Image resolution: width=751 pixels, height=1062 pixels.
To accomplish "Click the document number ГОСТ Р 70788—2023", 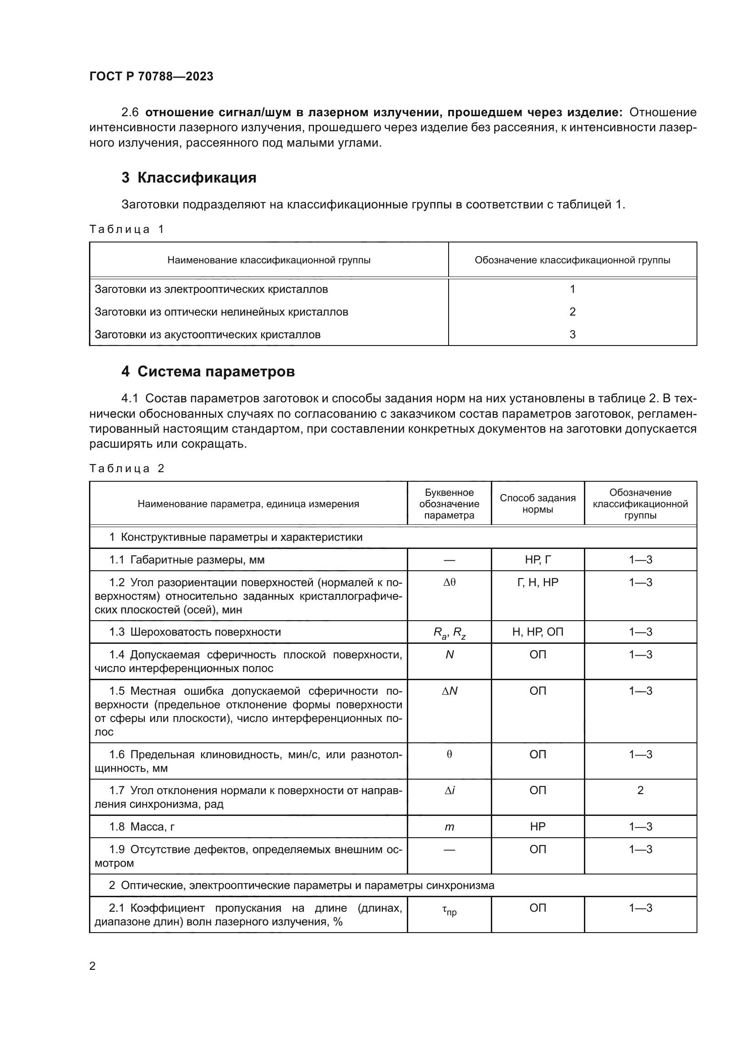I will [151, 76].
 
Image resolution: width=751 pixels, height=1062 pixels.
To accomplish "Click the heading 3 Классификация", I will [189, 178].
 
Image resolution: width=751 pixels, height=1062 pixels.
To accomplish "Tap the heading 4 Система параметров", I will [208, 371].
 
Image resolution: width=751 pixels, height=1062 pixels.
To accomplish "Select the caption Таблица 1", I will [127, 229].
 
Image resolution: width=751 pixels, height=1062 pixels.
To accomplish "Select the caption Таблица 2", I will [127, 468].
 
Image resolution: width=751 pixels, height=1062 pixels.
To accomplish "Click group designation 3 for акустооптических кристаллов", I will [572, 335].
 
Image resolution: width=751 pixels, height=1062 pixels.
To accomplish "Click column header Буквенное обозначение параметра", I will [449, 504].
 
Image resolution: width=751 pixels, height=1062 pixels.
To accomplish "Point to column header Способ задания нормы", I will [537, 504].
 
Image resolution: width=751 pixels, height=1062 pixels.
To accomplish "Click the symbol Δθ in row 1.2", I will [449, 583].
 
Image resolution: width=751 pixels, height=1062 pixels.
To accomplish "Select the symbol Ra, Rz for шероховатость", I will [449, 633].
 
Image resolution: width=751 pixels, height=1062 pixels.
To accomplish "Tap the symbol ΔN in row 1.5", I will [449, 691].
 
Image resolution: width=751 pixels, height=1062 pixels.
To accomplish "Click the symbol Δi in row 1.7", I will [449, 790].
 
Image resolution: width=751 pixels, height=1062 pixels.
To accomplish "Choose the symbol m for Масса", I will [449, 827].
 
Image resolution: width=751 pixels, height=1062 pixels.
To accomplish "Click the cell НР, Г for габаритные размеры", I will [537, 560].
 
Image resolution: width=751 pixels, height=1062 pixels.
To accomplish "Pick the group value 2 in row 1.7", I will [640, 790].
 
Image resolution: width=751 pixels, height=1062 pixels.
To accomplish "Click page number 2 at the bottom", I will [93, 966].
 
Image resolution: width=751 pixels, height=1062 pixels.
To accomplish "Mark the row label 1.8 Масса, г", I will [142, 826].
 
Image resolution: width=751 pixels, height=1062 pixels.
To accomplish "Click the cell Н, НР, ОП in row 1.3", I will [537, 632].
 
